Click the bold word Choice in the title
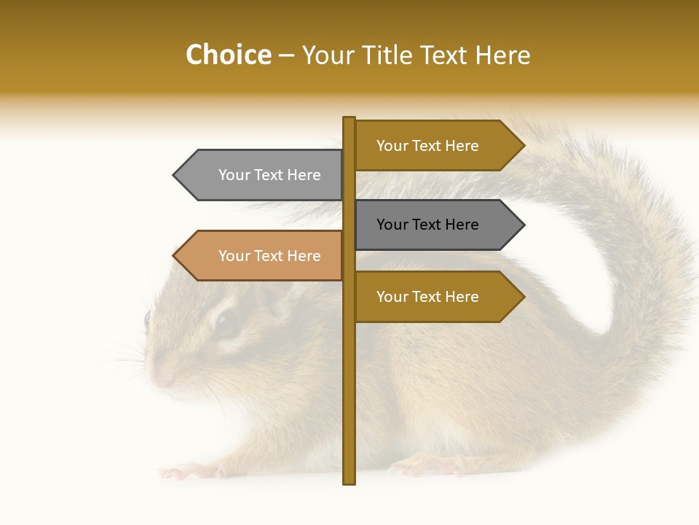[228, 55]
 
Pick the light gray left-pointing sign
[262, 175]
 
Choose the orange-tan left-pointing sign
[262, 256]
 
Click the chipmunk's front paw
[182, 471]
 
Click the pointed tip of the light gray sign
[175, 175]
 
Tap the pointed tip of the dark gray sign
[523, 225]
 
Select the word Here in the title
[503, 55]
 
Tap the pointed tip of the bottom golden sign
[523, 297]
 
